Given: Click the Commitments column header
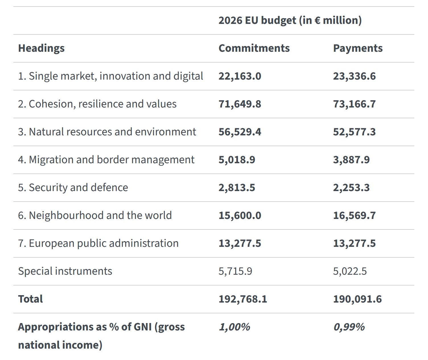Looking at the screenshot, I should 254,48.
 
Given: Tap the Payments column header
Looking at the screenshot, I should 358,48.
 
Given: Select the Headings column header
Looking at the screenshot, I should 41,48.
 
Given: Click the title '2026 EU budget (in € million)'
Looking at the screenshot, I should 290,20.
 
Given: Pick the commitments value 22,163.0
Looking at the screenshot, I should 240,76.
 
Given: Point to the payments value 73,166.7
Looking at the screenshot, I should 354,104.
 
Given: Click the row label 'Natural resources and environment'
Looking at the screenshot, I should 112,132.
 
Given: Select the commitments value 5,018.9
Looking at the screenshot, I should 237,160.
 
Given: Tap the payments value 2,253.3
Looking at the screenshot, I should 351,187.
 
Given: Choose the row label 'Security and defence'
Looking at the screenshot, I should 78,187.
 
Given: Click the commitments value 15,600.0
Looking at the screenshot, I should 240,215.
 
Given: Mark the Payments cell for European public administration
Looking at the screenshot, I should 354,243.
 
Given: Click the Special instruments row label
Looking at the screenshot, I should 65,271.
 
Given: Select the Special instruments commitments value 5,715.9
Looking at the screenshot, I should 235,271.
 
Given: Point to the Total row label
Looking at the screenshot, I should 30,299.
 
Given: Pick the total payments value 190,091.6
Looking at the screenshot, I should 357,299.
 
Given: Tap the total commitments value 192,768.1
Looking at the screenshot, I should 243,299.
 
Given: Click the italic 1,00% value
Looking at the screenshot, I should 234,327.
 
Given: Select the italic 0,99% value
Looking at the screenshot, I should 349,327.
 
